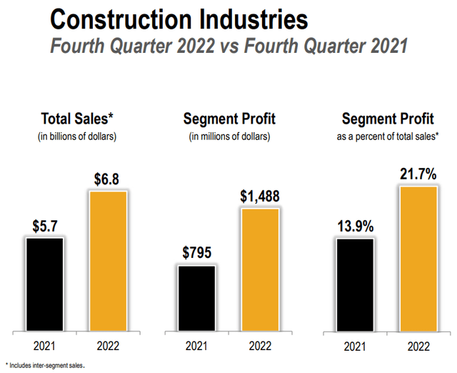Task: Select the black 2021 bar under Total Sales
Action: [x=46, y=284]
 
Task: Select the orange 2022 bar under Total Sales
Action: [x=107, y=262]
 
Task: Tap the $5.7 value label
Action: [x=46, y=225]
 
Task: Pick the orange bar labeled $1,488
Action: [x=259, y=270]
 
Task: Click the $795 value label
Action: [x=196, y=253]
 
